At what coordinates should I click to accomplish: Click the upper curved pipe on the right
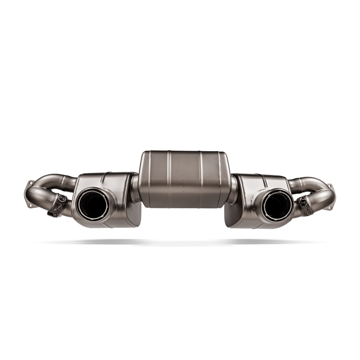coord(309,180)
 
